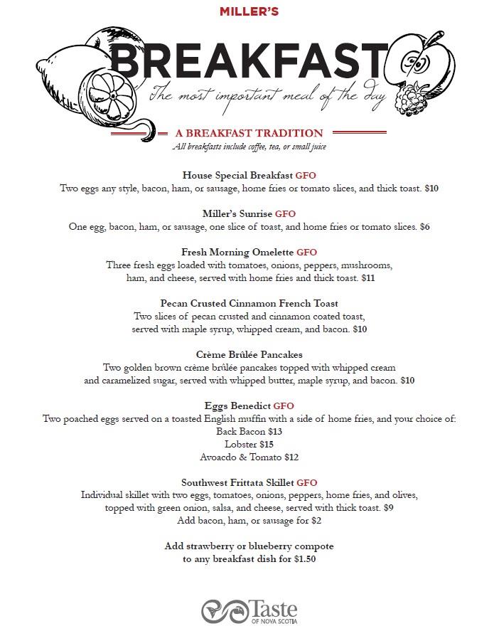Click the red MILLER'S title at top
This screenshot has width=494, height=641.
[x=249, y=11]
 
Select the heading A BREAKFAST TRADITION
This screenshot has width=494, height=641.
[x=249, y=133]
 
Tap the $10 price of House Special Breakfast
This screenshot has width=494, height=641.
[x=431, y=189]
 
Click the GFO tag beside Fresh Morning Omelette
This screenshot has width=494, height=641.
[x=307, y=252]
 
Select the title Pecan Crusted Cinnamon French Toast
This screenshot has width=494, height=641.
[x=249, y=303]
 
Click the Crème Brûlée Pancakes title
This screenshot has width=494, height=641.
[x=249, y=354]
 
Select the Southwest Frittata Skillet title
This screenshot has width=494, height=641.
[x=237, y=482]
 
